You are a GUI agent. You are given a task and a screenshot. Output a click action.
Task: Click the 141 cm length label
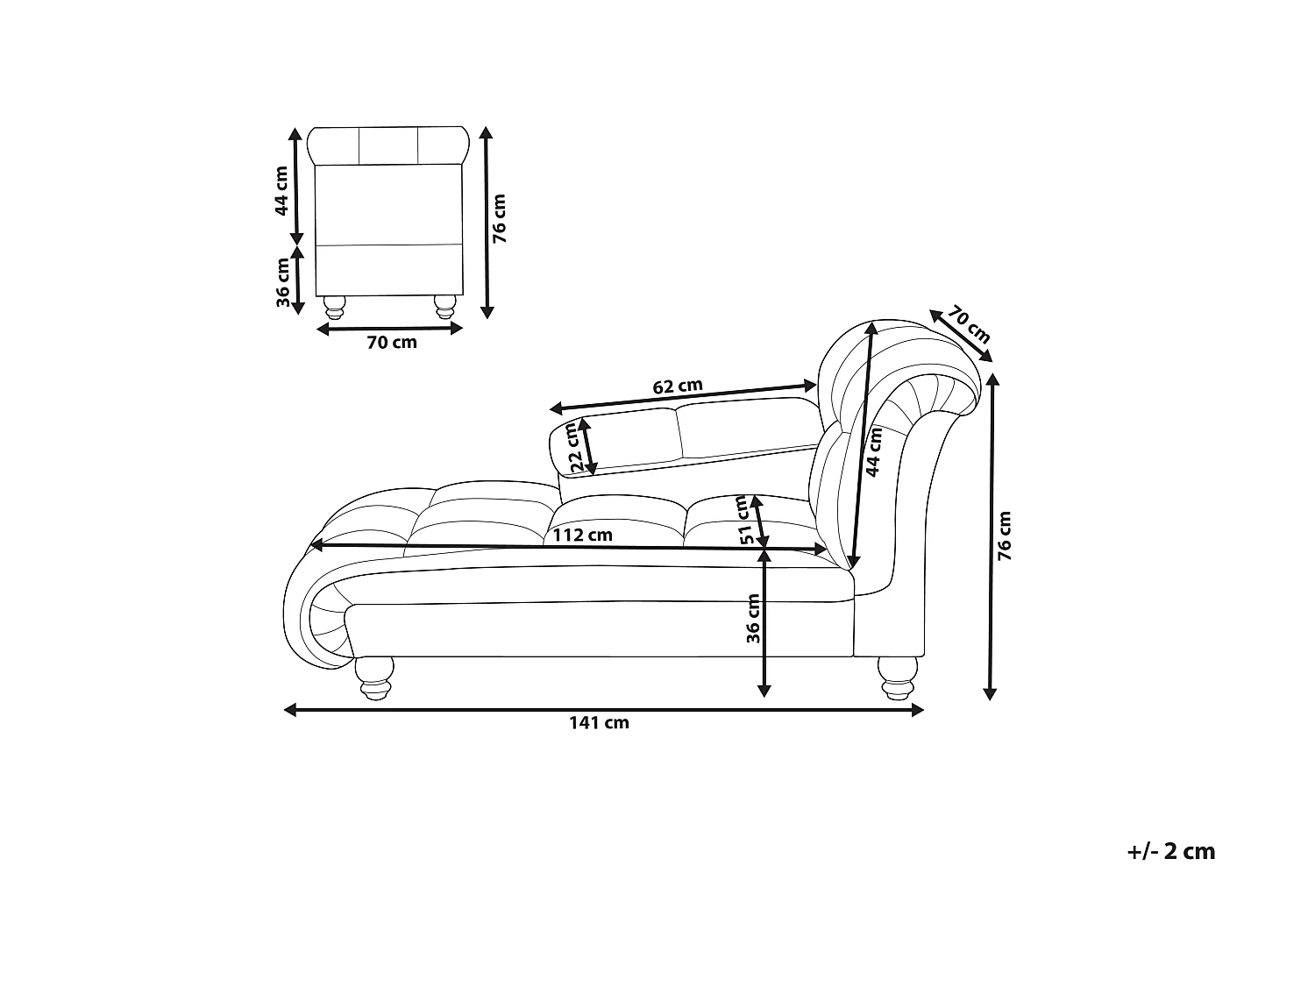coord(599,723)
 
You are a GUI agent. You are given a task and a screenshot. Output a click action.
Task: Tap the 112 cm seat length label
coord(582,535)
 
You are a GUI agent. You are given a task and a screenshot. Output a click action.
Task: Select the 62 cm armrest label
coord(677,387)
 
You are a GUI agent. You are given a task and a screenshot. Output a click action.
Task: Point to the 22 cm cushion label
coord(574,447)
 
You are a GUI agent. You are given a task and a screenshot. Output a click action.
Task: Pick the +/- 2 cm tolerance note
coord(1170,851)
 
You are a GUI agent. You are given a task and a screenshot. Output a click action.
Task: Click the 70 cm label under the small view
coord(392,343)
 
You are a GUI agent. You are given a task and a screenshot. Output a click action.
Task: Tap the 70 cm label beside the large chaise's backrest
coord(968,325)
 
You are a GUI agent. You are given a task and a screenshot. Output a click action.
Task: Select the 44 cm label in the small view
coord(281,190)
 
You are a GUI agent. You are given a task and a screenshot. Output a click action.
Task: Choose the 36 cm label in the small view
coord(283,282)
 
